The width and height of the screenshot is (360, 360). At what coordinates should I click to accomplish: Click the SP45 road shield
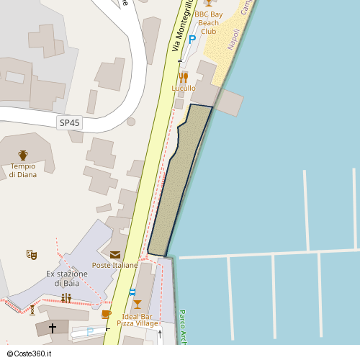(x=70, y=123)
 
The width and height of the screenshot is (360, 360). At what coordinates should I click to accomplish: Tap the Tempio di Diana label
(x=23, y=171)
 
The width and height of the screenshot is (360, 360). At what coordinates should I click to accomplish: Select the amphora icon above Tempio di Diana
(x=23, y=155)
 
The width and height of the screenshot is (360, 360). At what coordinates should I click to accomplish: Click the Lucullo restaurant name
(x=184, y=88)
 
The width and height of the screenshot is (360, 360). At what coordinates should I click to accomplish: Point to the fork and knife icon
(x=184, y=76)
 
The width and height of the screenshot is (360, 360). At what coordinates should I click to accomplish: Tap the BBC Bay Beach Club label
(x=209, y=23)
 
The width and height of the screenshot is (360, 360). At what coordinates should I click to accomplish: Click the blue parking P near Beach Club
(x=192, y=40)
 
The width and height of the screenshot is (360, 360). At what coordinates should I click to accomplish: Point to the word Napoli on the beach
(x=233, y=39)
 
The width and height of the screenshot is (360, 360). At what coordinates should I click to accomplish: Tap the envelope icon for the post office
(x=115, y=254)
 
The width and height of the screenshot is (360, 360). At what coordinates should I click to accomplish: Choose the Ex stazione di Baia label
(x=66, y=278)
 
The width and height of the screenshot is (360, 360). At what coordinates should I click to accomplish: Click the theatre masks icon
(x=32, y=254)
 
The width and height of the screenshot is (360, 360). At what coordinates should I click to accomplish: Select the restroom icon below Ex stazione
(x=66, y=297)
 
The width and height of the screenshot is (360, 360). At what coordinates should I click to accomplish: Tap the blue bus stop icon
(x=132, y=292)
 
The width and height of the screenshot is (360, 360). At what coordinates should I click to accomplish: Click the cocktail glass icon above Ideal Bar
(x=138, y=304)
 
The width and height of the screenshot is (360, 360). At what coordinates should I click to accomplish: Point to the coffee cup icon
(x=107, y=314)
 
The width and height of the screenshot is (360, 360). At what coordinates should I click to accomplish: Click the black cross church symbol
(x=52, y=328)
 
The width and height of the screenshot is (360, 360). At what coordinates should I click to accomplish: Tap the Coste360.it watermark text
(x=33, y=354)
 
